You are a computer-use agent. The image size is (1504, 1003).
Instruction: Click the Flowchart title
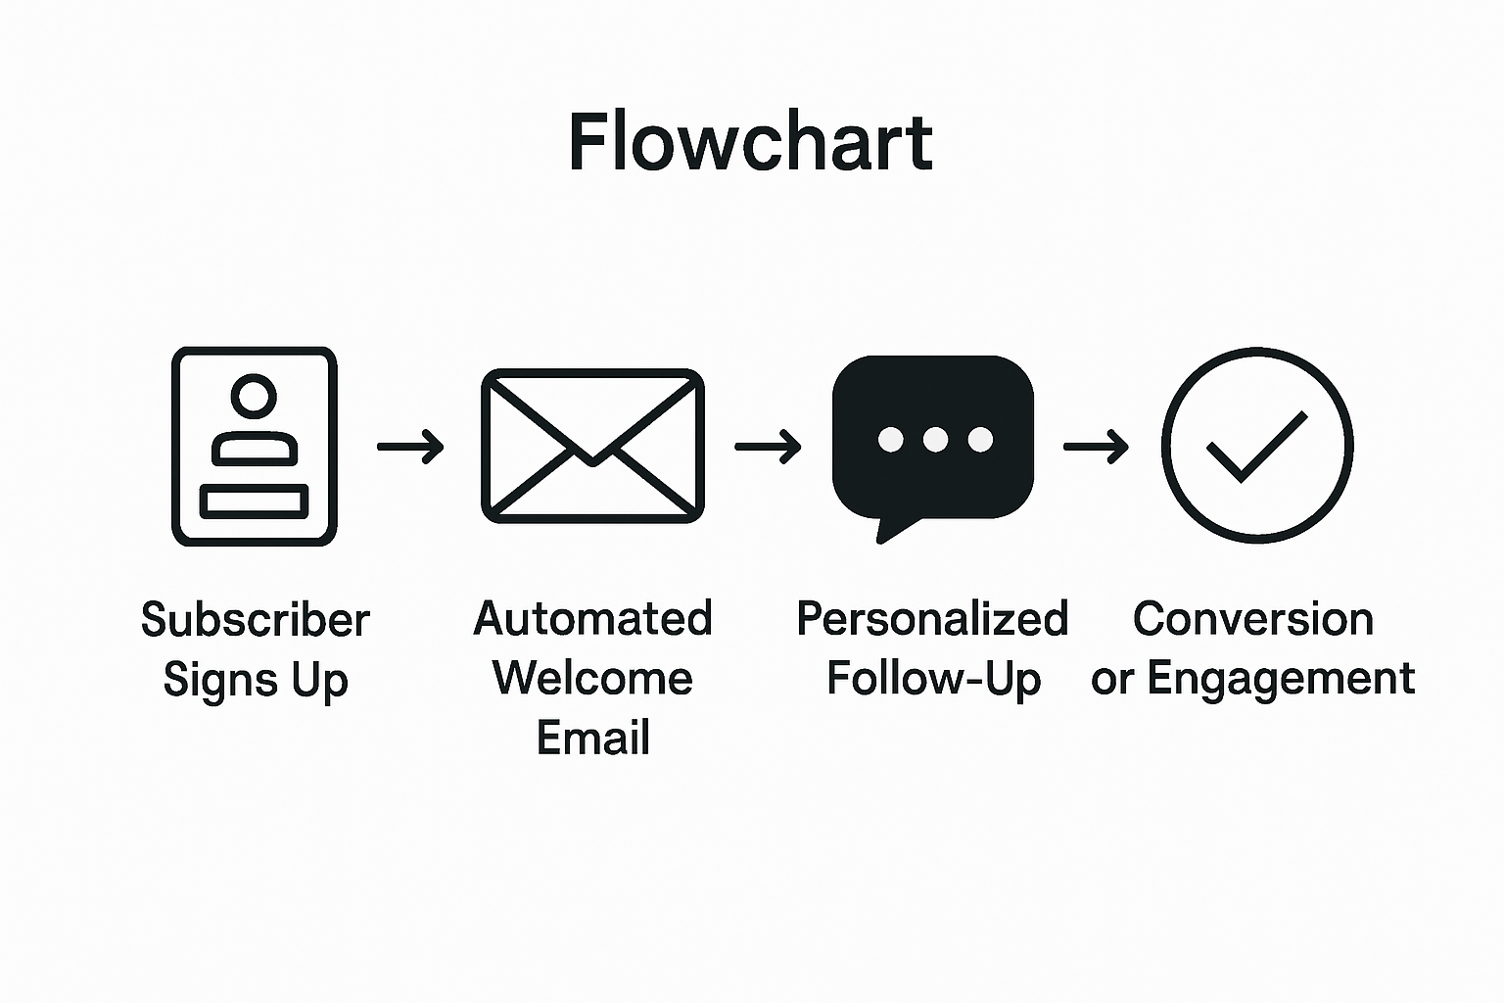750,143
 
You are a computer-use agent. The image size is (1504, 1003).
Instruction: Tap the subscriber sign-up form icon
255,447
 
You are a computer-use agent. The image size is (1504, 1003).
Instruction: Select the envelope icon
592,446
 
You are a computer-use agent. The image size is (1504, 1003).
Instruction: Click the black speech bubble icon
932,441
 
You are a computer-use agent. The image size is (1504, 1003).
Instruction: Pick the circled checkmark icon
1257,445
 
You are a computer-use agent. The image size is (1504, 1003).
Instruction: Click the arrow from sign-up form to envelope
410,448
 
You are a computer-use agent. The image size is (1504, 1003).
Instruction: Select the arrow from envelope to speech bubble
768,448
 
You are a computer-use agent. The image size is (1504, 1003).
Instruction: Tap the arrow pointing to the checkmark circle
1096,448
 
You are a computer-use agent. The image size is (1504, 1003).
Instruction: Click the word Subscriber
256,620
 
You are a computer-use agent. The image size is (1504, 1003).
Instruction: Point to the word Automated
592,619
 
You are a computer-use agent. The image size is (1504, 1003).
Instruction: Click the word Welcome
592,678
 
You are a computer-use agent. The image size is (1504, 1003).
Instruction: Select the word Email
592,738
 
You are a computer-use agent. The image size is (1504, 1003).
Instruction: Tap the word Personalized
931,619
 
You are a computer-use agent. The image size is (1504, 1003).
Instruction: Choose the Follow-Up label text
933,678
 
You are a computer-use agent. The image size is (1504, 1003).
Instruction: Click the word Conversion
1253,619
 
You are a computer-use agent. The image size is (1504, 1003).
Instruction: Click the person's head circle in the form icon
255,396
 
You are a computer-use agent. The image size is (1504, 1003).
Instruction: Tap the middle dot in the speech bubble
935,440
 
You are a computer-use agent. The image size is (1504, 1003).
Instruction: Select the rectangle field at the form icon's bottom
255,501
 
